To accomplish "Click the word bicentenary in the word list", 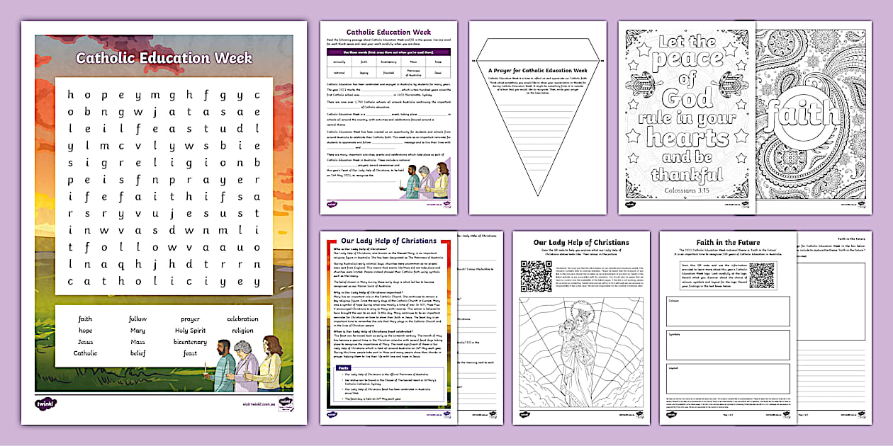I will point(189,342).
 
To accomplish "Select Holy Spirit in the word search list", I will point(190,331).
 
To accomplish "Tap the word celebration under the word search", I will point(242,319).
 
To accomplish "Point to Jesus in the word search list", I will point(85,342).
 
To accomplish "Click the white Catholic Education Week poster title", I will point(164,57).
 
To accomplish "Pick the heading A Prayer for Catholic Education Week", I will point(537,71).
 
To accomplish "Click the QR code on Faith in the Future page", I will point(761,275).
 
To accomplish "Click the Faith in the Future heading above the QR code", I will point(728,241).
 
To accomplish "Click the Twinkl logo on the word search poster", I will point(45,404).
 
